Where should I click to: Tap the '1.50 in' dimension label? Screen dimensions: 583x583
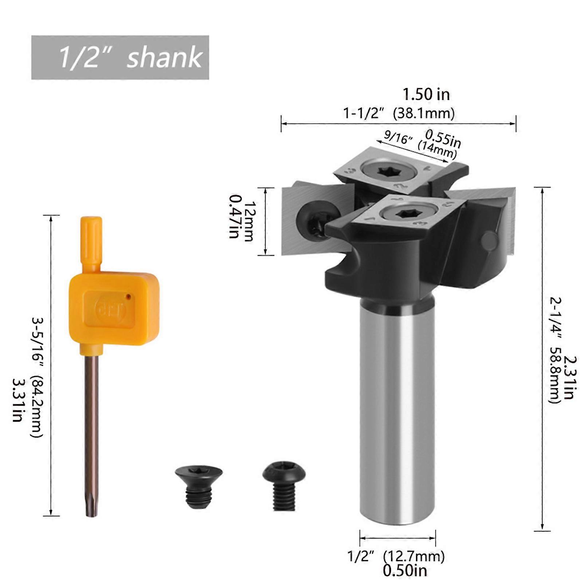(426, 95)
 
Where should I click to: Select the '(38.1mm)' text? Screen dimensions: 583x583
(424, 113)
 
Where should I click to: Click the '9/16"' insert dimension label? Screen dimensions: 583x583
(398, 137)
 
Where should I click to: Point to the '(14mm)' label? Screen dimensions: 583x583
(437, 149)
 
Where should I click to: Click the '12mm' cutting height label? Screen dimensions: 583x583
(249, 221)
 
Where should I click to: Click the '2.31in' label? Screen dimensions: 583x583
(570, 377)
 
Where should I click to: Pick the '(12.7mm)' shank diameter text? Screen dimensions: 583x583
(414, 556)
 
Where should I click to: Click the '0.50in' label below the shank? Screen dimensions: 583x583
(405, 571)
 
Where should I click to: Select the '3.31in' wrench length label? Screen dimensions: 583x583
(17, 400)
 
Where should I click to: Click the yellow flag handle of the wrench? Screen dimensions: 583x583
(114, 308)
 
